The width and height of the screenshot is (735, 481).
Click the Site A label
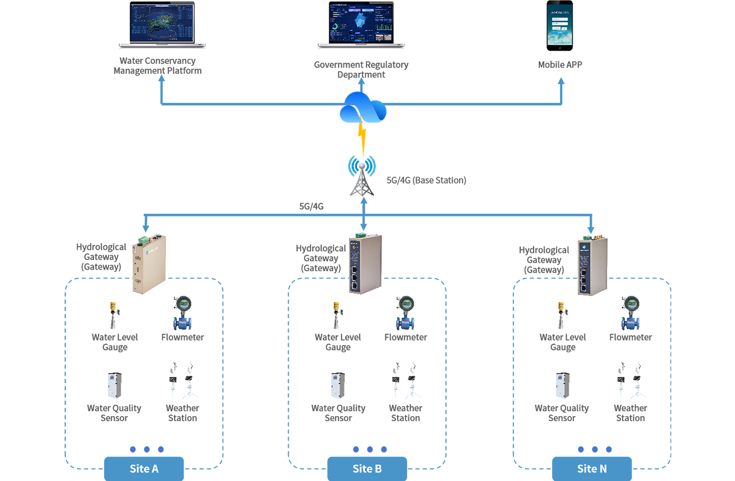pos(144,469)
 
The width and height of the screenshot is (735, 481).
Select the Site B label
pos(367,469)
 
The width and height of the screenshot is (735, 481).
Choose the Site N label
pos(591,469)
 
